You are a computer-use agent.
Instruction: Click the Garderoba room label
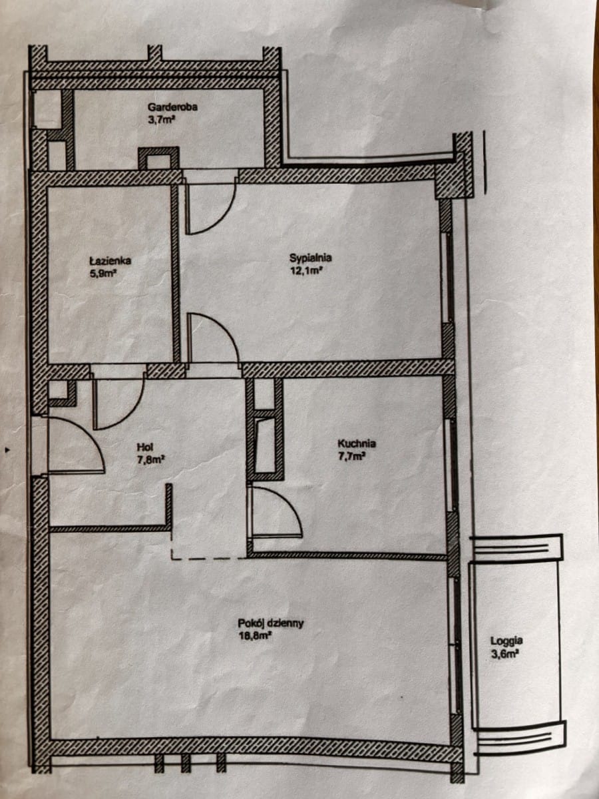click(172, 107)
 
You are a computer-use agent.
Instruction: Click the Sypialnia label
click(311, 258)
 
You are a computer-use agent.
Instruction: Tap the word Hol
click(145, 447)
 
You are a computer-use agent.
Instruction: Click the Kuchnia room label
click(357, 443)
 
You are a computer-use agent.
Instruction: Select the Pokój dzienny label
click(271, 613)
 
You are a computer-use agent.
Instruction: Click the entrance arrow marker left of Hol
click(7, 450)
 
